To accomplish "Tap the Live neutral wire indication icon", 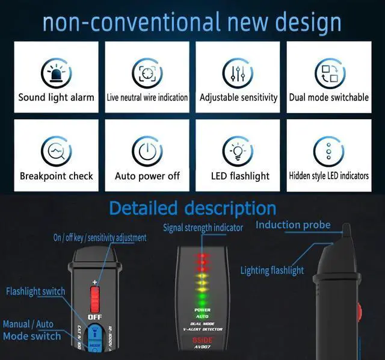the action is [147, 73].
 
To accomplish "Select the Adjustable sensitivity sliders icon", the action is [238, 73].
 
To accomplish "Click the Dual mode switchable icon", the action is [328, 73].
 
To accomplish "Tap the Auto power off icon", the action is [147, 151].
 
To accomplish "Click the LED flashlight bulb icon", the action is [238, 151].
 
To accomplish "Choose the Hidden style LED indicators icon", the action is [328, 151].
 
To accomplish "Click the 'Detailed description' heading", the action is [192, 208].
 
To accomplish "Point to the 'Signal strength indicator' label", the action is [203, 228].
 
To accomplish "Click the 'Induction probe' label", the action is [293, 225].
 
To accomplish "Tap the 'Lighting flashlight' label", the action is [272, 271].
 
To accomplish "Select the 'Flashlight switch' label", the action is [35, 292].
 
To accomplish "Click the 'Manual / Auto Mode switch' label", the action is [31, 330].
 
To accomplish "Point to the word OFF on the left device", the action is [94, 317].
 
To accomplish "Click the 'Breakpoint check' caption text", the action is [56, 176].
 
